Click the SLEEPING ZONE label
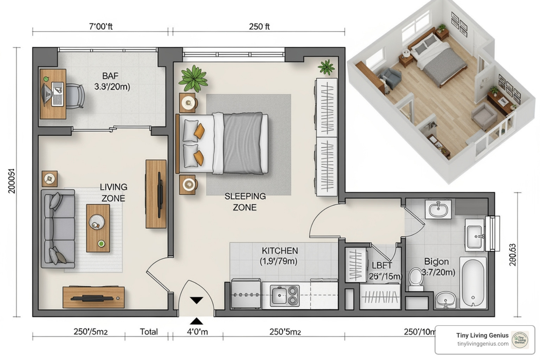click(245, 202)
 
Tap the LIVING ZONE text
click(113, 193)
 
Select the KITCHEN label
click(279, 251)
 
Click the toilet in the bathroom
click(416, 279)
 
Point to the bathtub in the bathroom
click(474, 283)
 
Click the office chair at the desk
click(75, 96)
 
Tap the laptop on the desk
click(57, 94)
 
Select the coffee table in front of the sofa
click(98, 228)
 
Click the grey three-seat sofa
click(58, 229)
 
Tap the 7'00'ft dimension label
click(101, 26)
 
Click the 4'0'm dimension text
click(197, 332)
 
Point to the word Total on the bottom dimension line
click(149, 332)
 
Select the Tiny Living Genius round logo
click(520, 340)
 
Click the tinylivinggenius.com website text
click(483, 344)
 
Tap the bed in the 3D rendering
click(438, 60)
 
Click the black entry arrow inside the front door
click(197, 300)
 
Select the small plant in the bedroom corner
click(326, 67)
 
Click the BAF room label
click(110, 76)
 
